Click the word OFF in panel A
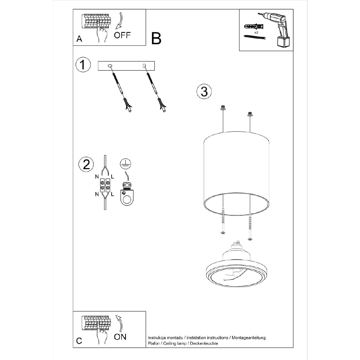[123, 35]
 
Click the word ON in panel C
[120, 337]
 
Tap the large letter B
[156, 38]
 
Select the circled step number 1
[83, 65]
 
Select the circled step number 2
[86, 164]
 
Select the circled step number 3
[204, 91]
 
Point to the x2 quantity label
[256, 32]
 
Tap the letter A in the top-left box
[79, 39]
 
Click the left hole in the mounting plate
[110, 66]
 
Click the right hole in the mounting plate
[144, 66]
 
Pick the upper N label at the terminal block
[96, 177]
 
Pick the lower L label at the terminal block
[113, 195]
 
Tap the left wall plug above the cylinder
[223, 108]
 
